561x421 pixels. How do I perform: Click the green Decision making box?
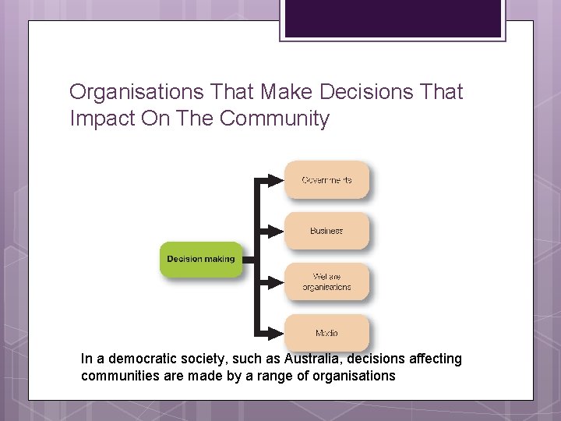(201, 259)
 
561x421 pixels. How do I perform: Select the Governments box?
(326, 180)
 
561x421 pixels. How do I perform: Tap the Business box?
(326, 231)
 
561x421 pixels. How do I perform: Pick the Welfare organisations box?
(326, 281)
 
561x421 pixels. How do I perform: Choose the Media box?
(326, 333)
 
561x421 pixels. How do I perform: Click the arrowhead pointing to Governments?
(274, 180)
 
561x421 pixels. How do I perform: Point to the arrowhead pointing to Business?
(274, 231)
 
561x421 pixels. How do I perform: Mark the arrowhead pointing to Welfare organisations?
(274, 281)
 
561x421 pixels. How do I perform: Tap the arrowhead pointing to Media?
(274, 333)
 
